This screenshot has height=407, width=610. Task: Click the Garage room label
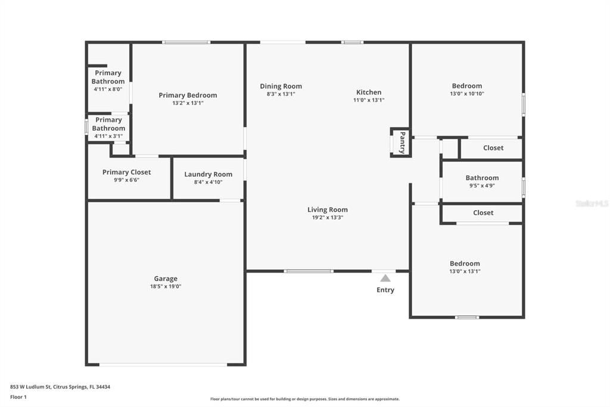(x=166, y=279)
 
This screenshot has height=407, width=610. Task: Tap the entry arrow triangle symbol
(x=385, y=278)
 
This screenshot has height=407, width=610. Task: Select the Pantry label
(x=403, y=143)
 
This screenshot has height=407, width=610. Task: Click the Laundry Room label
(x=208, y=174)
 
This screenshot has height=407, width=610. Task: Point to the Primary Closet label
(x=126, y=172)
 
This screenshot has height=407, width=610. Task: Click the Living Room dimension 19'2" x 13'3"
(x=327, y=218)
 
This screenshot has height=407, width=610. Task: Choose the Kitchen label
(x=369, y=92)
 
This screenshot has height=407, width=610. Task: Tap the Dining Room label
(x=281, y=86)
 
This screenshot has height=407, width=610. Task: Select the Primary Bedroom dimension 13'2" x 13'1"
(x=188, y=103)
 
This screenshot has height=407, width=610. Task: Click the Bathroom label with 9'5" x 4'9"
(x=482, y=178)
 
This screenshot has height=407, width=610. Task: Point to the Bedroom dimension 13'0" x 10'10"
(x=467, y=94)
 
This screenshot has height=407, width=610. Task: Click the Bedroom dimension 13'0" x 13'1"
(x=465, y=272)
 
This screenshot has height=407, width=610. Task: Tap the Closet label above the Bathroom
(x=493, y=148)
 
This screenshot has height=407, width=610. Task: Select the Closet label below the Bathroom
(x=483, y=212)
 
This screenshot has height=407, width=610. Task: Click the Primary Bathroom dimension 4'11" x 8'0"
(x=108, y=89)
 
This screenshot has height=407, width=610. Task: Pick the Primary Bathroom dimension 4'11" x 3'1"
(x=108, y=136)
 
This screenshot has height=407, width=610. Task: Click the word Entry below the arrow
(x=385, y=290)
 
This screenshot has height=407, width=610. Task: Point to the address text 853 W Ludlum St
(x=36, y=387)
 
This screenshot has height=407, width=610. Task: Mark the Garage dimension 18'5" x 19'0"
(x=166, y=286)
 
